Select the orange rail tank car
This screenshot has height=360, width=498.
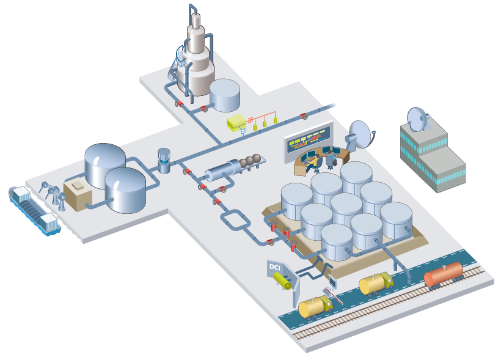pyautogui.click(x=443, y=275)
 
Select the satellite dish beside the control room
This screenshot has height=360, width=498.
pyautogui.click(x=360, y=134)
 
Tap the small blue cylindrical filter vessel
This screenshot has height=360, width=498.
pyautogui.click(x=164, y=160)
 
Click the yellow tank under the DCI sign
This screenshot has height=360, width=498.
pyautogui.click(x=282, y=280)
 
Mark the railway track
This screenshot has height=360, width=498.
pyautogui.click(x=391, y=306)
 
